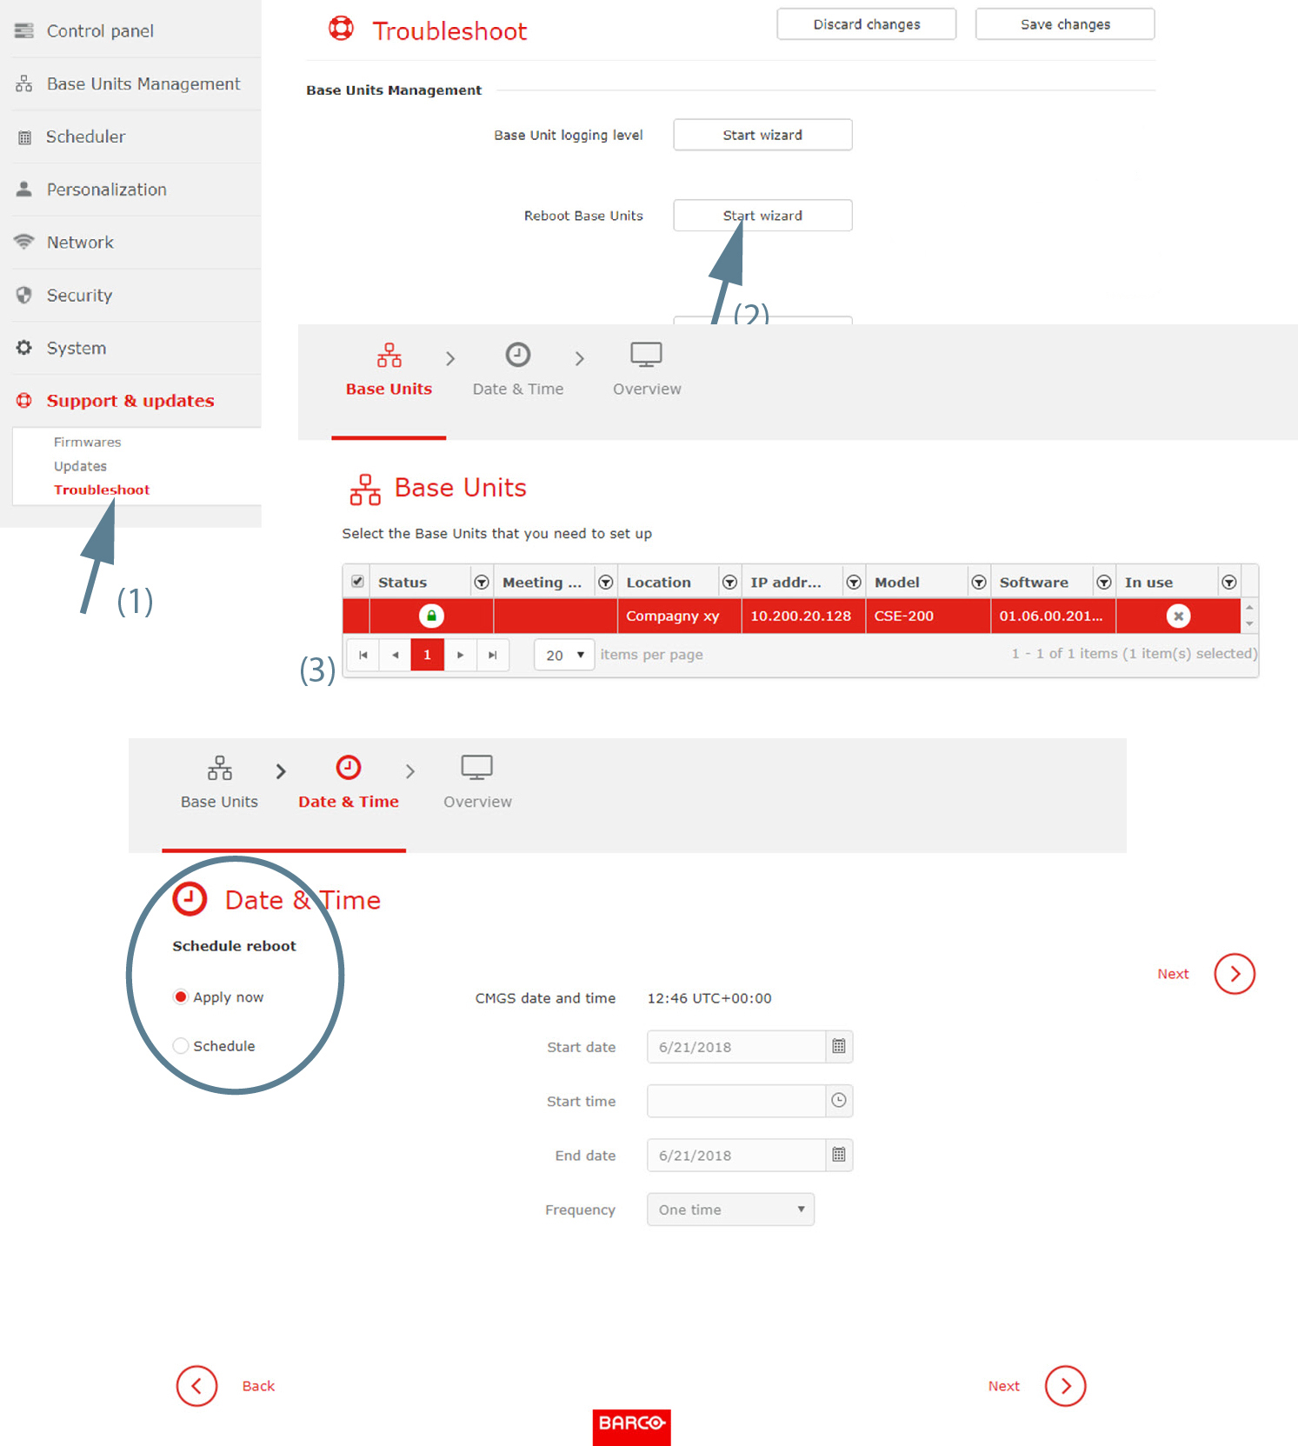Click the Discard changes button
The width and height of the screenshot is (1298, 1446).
tap(866, 24)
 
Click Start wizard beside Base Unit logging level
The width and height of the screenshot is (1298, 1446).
tap(762, 135)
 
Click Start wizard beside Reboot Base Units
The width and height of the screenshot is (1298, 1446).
tap(762, 216)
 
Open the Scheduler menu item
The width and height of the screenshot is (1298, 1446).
tap(85, 137)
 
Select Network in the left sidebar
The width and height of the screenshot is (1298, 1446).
tap(80, 243)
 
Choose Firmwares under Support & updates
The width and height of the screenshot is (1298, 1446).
tap(87, 442)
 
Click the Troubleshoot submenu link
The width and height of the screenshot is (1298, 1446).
tap(102, 490)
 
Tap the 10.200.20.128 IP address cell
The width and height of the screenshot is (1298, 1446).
tap(801, 616)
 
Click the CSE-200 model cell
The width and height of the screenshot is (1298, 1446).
tap(904, 616)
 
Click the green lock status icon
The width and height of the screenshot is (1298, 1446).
tap(431, 616)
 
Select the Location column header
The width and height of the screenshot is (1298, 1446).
tap(658, 583)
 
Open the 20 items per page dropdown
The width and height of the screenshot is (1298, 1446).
tap(564, 655)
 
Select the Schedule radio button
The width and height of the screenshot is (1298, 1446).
tap(181, 1046)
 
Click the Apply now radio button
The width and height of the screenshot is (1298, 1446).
tap(181, 997)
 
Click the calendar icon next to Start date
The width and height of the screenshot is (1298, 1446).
tap(839, 1047)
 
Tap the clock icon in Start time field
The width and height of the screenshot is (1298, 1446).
tap(839, 1101)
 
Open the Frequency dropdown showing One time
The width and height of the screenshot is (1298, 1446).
tap(730, 1209)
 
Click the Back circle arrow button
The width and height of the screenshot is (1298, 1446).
tap(196, 1386)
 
